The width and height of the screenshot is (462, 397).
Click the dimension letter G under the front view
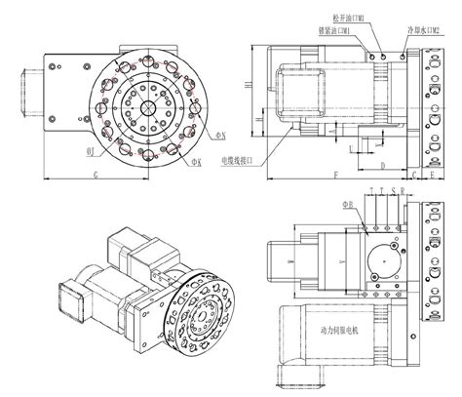tap(94, 173)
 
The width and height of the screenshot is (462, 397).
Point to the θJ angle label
tap(90, 151)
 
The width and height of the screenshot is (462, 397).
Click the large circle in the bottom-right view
tap(388, 263)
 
